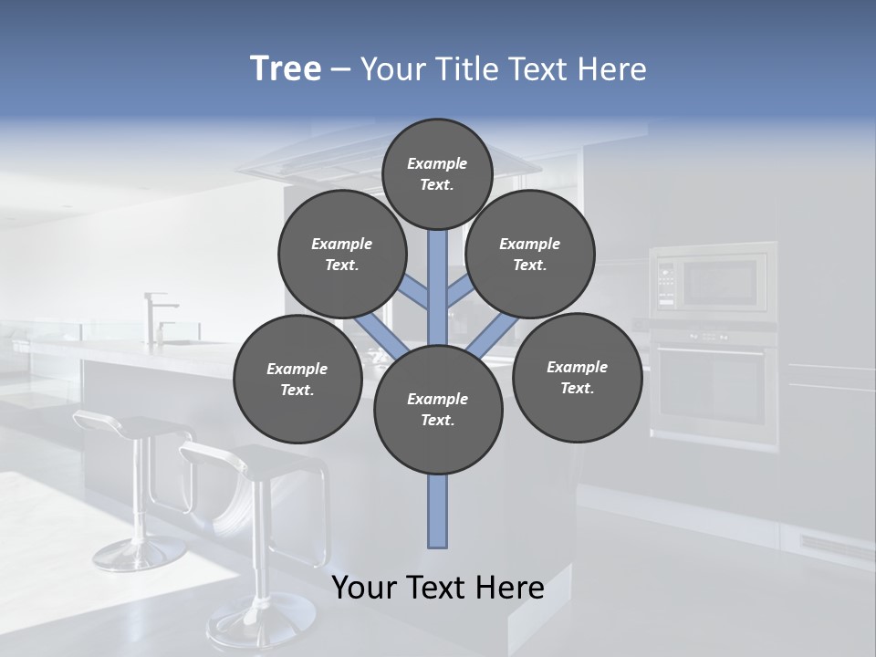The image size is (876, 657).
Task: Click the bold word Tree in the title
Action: (286, 68)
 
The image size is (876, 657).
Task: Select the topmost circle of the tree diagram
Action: (437, 173)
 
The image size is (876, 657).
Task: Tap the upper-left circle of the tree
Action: (342, 254)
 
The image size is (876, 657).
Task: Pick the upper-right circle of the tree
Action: (530, 254)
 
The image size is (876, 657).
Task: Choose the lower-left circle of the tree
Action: (297, 379)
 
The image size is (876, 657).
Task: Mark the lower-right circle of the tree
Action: (578, 377)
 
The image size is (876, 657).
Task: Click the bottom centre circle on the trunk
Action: (438, 410)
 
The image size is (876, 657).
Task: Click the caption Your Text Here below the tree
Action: (438, 588)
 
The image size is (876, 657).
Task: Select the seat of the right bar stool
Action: (265, 461)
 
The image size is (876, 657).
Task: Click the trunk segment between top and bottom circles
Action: (438, 287)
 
